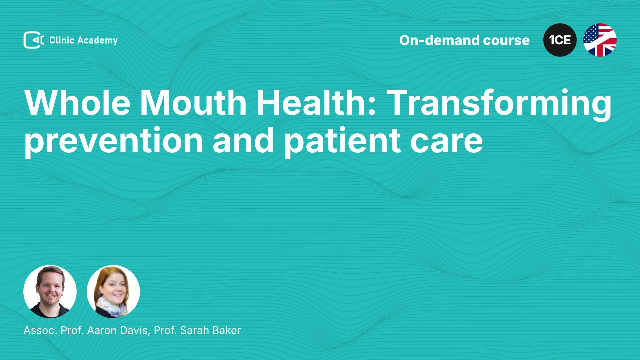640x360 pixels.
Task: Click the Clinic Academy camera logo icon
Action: (x=34, y=40)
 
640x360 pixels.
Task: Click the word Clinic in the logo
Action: (x=62, y=40)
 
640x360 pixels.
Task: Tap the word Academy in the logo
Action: (x=98, y=41)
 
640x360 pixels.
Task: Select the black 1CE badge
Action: (x=560, y=40)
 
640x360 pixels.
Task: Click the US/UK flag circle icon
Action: (x=600, y=40)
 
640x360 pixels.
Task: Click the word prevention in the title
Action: (x=114, y=141)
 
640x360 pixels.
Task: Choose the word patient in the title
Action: (x=342, y=141)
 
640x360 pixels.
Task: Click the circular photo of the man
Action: (x=50, y=292)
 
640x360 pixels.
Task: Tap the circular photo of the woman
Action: (x=113, y=292)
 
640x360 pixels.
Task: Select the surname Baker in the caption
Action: (x=226, y=330)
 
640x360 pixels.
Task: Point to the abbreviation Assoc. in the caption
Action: (x=40, y=330)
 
